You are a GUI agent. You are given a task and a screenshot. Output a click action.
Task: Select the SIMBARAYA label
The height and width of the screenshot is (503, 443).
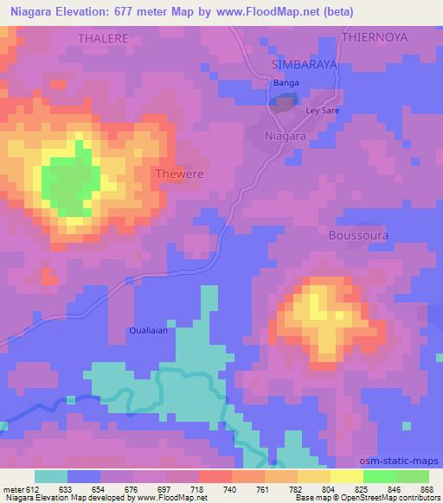coord(303,65)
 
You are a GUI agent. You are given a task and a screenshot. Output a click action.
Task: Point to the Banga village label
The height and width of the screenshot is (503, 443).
coord(286,83)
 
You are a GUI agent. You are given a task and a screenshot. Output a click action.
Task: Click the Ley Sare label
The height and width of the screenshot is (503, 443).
coord(322,111)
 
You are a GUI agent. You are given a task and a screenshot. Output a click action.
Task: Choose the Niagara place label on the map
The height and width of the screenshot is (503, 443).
coord(285,137)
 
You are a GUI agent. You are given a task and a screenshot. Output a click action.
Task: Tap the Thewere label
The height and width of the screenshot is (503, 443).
coord(179,174)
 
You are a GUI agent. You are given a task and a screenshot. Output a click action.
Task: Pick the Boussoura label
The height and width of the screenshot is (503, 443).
coord(359,235)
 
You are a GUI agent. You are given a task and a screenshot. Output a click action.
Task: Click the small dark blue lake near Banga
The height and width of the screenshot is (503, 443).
coord(283,104)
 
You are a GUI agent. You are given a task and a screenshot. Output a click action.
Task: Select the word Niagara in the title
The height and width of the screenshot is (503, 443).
coord(33,11)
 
